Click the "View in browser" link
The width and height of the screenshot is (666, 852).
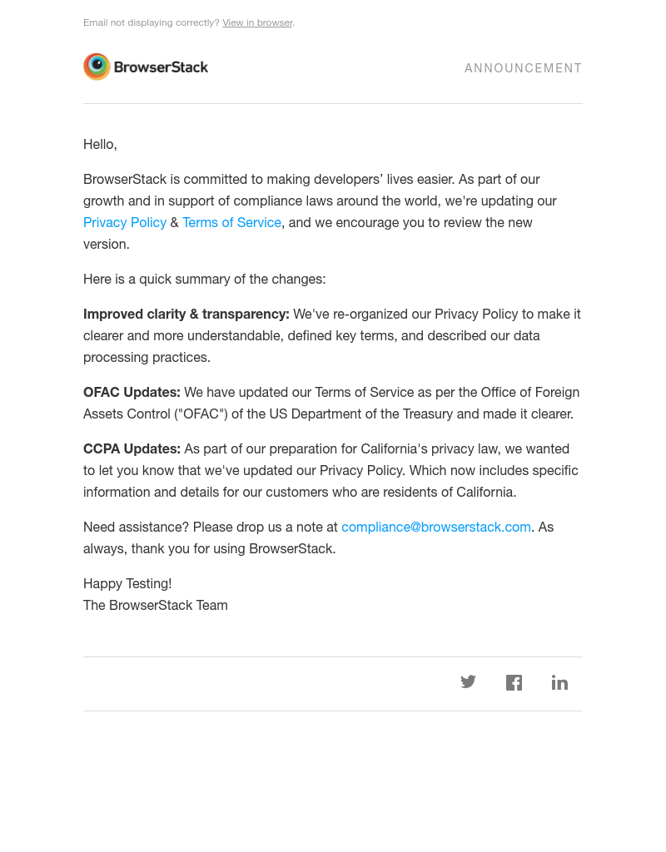[257, 22]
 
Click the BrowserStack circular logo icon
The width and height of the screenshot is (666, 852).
[97, 67]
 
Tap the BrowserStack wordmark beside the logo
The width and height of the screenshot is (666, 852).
[161, 67]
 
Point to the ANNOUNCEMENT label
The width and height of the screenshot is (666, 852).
[523, 68]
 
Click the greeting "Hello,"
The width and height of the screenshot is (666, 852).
[100, 145]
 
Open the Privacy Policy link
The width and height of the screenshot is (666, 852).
[125, 223]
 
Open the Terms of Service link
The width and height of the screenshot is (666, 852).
[231, 223]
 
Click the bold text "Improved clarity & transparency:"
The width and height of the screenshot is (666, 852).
[186, 315]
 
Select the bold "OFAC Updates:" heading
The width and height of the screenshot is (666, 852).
[132, 393]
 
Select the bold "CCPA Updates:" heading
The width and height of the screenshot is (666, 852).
[132, 449]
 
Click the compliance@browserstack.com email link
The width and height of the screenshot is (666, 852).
[436, 528]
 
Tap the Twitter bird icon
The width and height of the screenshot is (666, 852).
[468, 682]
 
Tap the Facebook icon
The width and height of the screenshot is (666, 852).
[514, 683]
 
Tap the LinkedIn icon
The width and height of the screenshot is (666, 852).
[559, 683]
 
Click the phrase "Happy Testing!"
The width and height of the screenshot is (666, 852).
[127, 584]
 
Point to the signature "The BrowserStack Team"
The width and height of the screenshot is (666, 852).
[156, 606]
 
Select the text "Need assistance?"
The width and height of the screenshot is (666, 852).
[136, 528]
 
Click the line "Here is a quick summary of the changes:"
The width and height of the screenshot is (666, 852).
[205, 280]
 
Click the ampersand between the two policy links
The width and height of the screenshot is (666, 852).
[174, 223]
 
